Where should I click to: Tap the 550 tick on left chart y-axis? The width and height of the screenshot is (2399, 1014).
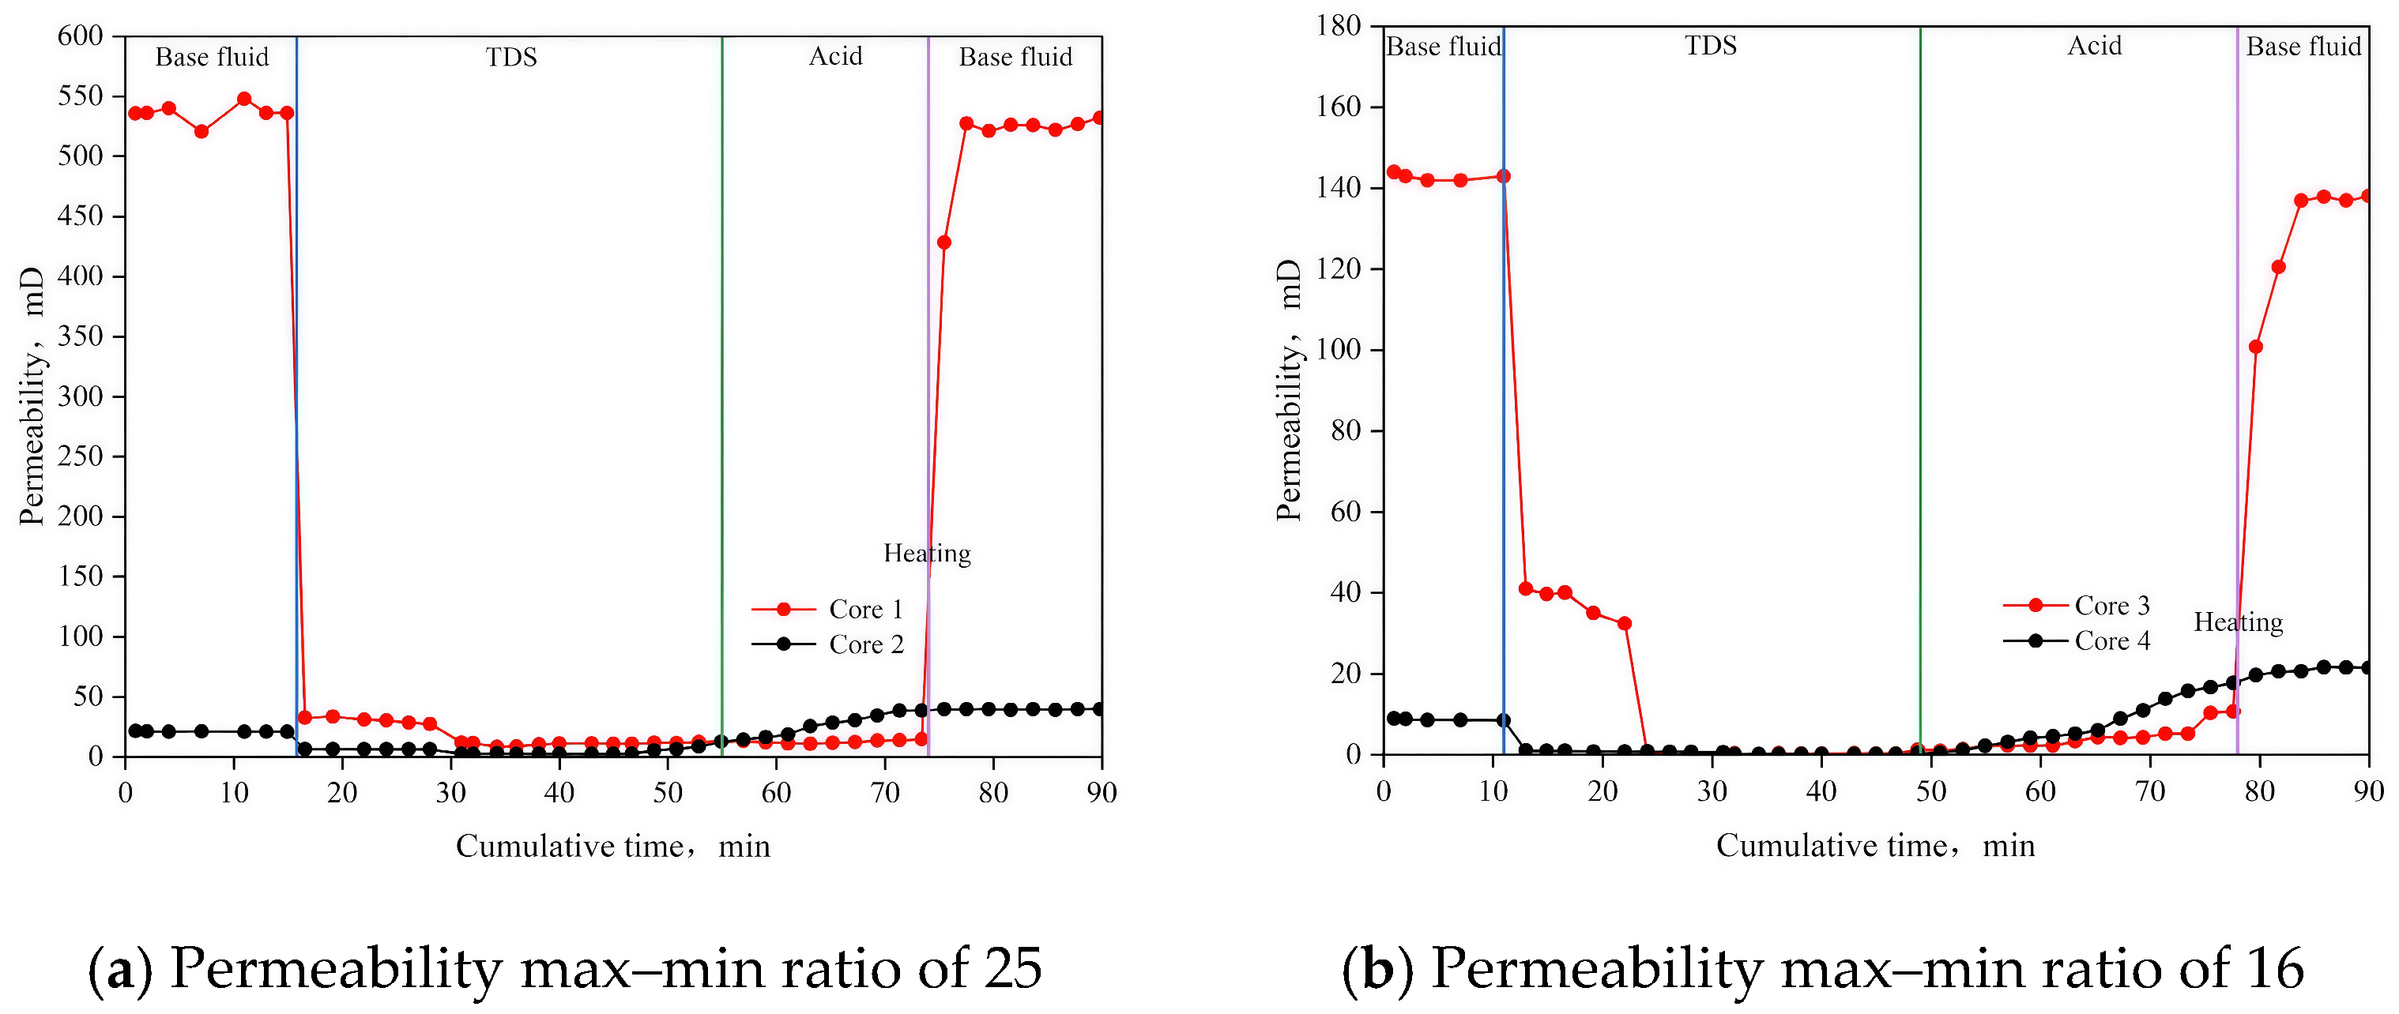click(80, 96)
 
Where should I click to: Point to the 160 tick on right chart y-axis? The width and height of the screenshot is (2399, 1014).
click(1339, 107)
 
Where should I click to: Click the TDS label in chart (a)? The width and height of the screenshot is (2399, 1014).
click(511, 58)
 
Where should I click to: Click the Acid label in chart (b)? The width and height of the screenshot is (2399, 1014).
click(2095, 47)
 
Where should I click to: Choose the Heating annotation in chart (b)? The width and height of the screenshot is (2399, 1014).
click(2238, 622)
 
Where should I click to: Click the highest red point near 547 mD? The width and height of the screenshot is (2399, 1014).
click(244, 99)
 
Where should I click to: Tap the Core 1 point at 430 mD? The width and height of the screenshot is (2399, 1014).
click(943, 242)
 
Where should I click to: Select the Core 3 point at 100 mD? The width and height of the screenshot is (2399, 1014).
click(2255, 347)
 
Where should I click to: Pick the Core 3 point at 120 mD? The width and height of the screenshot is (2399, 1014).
click(2279, 267)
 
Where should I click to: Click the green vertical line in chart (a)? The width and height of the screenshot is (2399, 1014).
click(721, 373)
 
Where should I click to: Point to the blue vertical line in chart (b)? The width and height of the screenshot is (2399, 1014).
click(1503, 373)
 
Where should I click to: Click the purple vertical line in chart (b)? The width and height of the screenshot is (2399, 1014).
click(2237, 373)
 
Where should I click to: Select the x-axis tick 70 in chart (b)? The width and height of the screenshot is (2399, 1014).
click(2150, 792)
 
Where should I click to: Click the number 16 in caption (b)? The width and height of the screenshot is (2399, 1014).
click(2273, 968)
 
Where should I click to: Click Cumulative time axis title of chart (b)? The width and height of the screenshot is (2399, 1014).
click(1874, 846)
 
